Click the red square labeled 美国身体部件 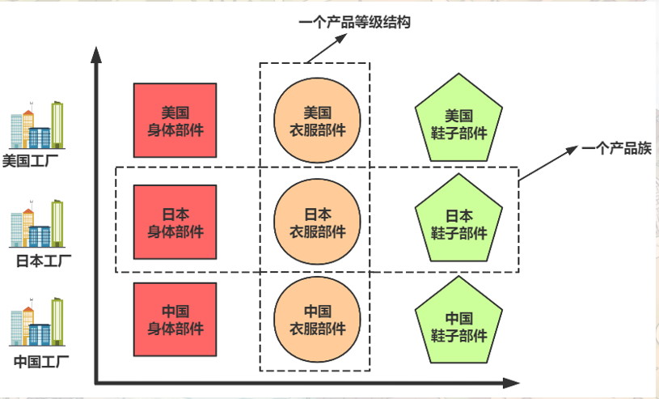pyautogui.click(x=175, y=120)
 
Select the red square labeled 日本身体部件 pyautogui.click(x=175, y=223)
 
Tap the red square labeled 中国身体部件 pyautogui.click(x=175, y=320)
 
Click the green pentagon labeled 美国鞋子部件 pyautogui.click(x=460, y=121)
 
